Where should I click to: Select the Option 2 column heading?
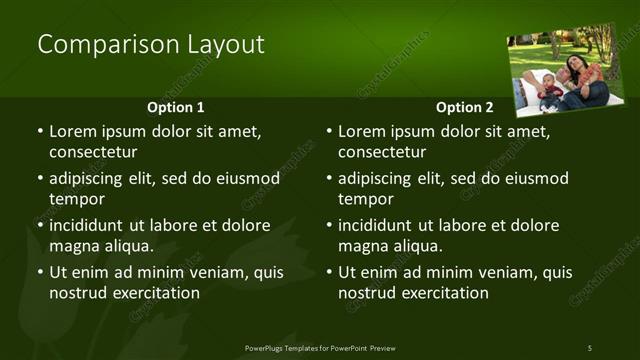(x=464, y=107)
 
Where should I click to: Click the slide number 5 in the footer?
(x=589, y=347)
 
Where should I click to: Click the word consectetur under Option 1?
(x=93, y=152)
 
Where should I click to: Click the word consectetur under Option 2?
(x=382, y=152)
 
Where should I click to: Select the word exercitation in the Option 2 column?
(x=443, y=293)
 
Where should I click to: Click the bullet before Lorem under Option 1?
(x=40, y=132)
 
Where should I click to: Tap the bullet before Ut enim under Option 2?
(x=329, y=273)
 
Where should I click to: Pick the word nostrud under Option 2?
(x=366, y=293)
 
